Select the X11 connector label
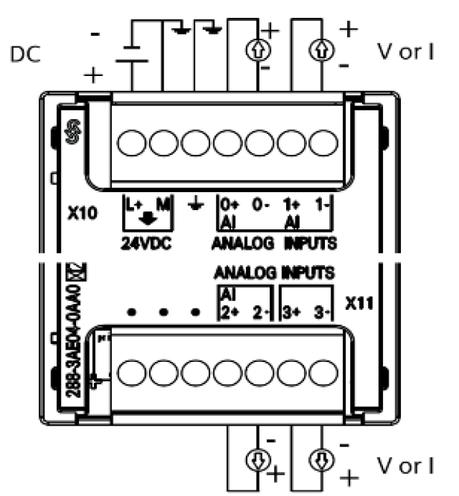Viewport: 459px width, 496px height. point(360,303)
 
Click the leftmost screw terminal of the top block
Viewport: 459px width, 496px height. point(132,143)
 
